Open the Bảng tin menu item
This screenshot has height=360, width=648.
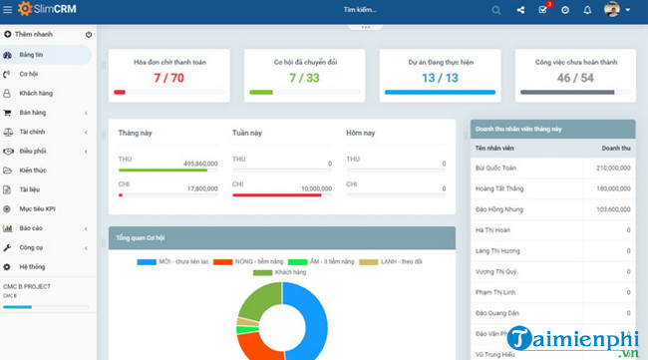click(33, 55)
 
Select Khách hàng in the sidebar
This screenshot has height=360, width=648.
click(36, 93)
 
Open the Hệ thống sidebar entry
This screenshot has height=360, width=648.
click(32, 266)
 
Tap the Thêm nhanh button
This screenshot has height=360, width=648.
click(35, 35)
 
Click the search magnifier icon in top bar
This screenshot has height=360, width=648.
click(497, 10)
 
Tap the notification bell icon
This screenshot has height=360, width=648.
click(587, 10)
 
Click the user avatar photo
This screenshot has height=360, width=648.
click(612, 10)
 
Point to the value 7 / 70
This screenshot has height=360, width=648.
click(167, 77)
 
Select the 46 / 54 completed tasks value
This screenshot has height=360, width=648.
click(573, 77)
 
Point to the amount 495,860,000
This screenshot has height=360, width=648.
click(186, 163)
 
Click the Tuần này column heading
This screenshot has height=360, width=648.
click(247, 133)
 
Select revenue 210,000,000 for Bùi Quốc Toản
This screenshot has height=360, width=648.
click(607, 168)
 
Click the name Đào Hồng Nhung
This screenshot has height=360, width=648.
click(498, 209)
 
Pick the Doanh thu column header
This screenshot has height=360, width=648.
click(614, 148)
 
